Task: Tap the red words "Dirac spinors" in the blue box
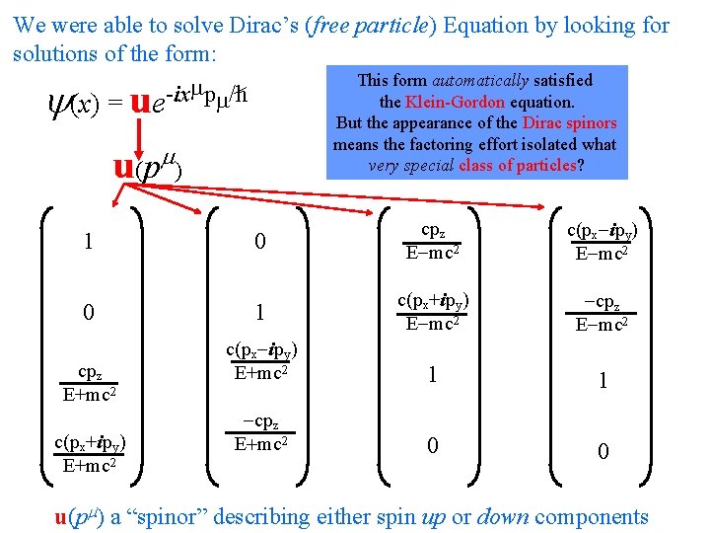coord(570,123)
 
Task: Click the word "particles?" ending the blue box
coord(548,166)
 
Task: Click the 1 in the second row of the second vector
coord(260,312)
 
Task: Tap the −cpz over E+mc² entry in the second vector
coord(260,433)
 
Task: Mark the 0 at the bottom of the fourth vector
coord(603,451)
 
